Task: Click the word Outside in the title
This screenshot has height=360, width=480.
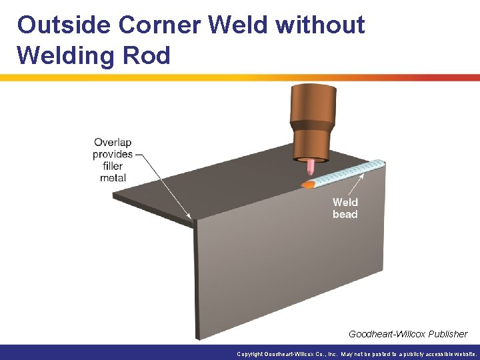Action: pyautogui.click(x=63, y=25)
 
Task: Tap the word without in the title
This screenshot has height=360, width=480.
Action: pyautogui.click(x=320, y=25)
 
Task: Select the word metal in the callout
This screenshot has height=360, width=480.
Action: pyautogui.click(x=112, y=178)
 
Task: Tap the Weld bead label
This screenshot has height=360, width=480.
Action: pyautogui.click(x=345, y=208)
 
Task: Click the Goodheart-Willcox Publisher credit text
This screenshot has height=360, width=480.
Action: pyautogui.click(x=408, y=333)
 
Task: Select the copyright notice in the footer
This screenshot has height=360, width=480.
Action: pyautogui.click(x=357, y=354)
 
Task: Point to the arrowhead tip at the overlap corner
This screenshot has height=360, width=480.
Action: pyautogui.click(x=191, y=217)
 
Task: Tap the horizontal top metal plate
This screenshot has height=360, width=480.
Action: pyautogui.click(x=220, y=190)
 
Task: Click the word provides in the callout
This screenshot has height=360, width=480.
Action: pyautogui.click(x=112, y=155)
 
